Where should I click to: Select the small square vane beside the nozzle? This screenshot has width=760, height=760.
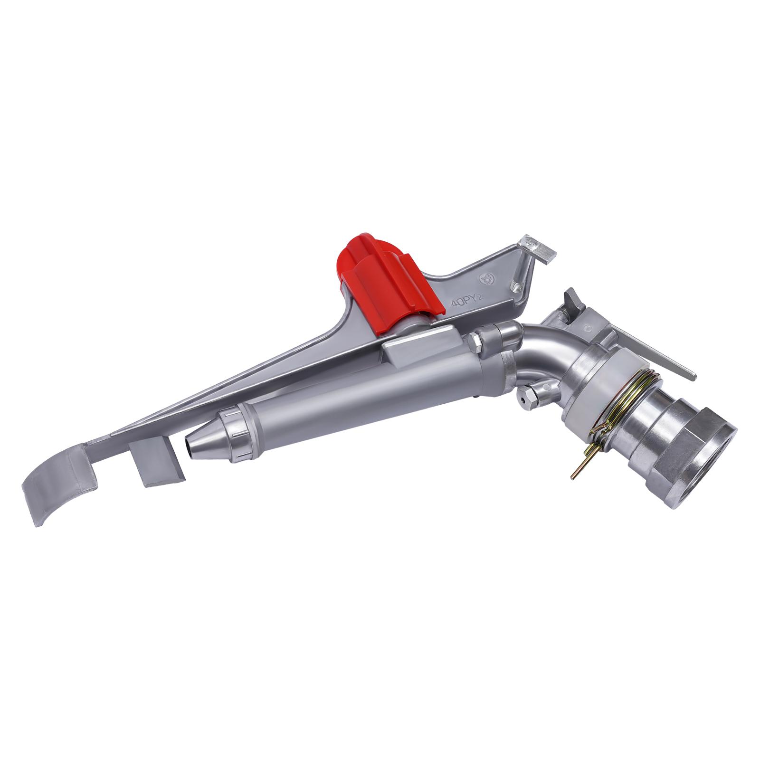click(x=156, y=461)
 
